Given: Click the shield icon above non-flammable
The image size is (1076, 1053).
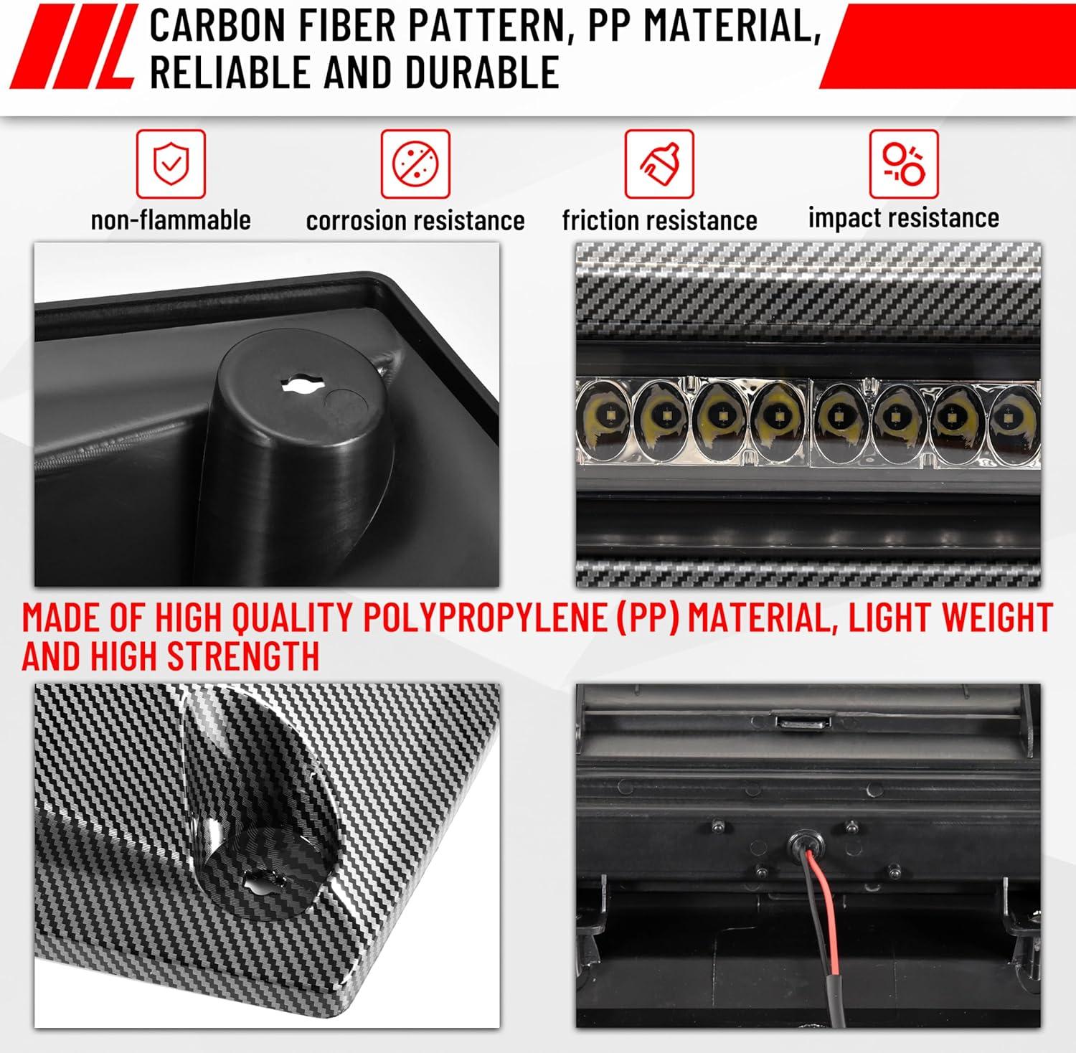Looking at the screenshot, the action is (x=171, y=164).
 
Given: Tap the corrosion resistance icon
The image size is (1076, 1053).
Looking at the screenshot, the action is (x=415, y=164).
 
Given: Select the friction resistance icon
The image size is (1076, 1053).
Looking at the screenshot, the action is (x=659, y=164).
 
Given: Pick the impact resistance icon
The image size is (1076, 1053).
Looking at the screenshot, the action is (x=904, y=164).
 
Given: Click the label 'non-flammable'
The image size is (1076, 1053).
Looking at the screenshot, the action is (x=171, y=219).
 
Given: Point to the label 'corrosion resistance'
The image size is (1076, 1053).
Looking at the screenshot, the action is (x=415, y=220).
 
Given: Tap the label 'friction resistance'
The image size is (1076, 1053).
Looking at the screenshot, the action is (x=660, y=220).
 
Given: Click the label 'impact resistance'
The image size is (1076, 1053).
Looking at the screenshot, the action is (x=904, y=218).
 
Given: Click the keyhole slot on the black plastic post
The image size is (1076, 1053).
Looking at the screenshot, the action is (x=303, y=384).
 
